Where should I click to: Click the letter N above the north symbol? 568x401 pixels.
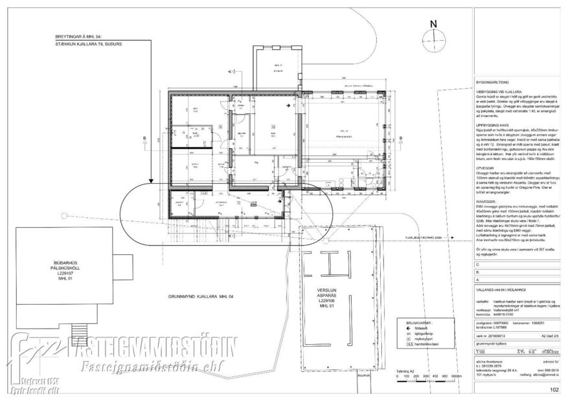(433, 25)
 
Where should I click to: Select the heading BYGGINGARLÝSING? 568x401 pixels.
(494, 83)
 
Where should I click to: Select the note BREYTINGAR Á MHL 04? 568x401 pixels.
(84, 36)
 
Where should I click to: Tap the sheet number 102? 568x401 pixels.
(554, 390)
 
